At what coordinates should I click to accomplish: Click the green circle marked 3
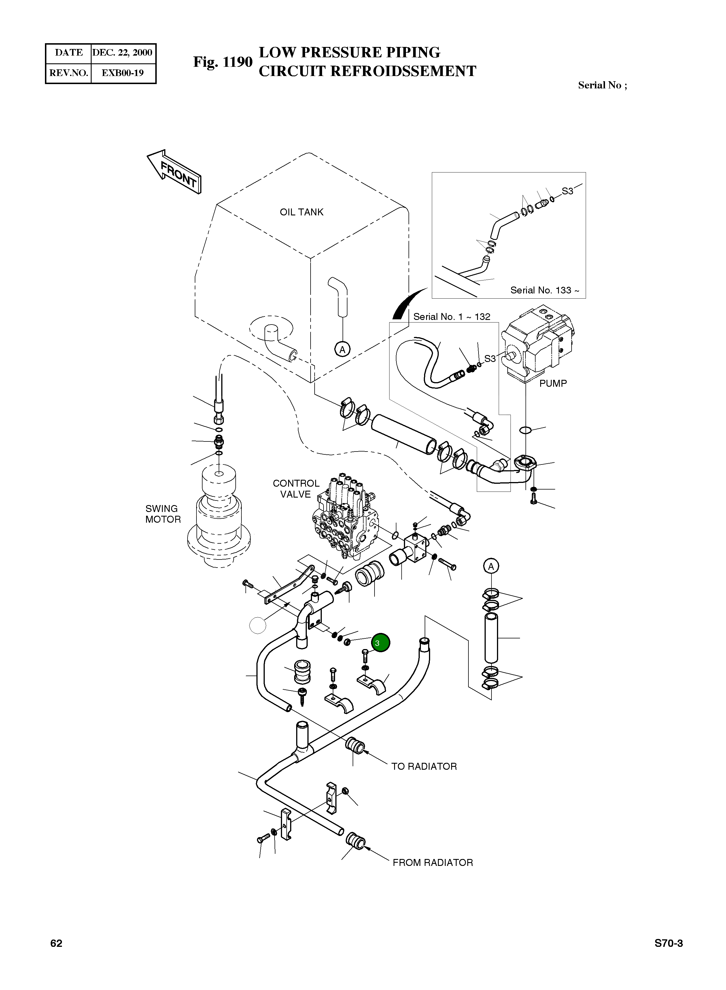[380, 642]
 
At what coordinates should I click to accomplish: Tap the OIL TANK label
[301, 212]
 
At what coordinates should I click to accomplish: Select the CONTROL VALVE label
[296, 488]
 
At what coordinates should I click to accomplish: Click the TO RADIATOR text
[424, 767]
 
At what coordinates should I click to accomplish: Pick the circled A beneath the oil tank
[342, 349]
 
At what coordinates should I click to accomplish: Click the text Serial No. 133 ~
[544, 290]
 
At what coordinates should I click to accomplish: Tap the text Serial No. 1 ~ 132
[451, 317]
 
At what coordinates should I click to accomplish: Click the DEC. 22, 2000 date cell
[122, 53]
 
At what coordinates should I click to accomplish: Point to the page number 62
[56, 943]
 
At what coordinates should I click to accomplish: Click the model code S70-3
[668, 943]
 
